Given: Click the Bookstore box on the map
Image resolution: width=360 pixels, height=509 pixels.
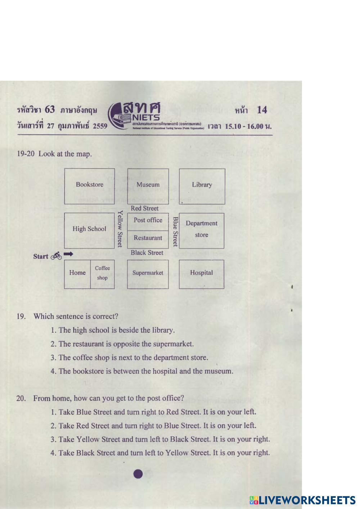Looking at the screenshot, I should (90, 186).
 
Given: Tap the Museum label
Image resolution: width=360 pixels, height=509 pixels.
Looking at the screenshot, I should (148, 185).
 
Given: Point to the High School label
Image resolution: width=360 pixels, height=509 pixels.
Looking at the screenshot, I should (89, 229).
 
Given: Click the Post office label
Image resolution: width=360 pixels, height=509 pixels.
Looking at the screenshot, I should (148, 220).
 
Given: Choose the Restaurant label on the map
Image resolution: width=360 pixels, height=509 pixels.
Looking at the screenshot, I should (148, 238).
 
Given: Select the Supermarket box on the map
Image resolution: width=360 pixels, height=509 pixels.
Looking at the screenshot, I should (148, 273).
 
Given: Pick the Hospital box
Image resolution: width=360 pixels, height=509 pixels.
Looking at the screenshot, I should (202, 273).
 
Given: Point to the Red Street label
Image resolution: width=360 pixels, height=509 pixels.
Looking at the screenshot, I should (145, 208).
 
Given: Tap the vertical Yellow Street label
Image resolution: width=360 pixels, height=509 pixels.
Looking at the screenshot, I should (121, 229).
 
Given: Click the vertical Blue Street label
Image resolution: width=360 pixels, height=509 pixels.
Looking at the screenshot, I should (175, 231).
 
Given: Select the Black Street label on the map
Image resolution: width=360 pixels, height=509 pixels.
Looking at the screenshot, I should (147, 253).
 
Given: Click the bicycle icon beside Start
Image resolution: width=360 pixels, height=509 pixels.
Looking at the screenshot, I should (56, 256).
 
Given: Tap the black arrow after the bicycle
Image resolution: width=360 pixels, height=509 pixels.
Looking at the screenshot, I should (68, 254).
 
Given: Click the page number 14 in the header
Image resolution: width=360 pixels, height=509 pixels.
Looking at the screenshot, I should (262, 110).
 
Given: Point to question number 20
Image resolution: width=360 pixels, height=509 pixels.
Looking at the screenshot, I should (21, 398).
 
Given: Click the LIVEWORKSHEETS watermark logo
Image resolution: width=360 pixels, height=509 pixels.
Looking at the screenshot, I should (303, 500).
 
